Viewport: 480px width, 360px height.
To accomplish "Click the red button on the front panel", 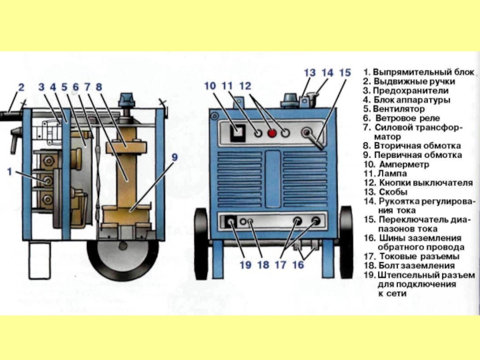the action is pos(272,133).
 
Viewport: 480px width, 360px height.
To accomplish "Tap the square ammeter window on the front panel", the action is pos(238,133).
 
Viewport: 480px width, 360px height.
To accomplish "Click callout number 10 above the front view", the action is pos(210,86).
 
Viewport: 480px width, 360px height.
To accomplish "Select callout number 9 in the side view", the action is pos(174,157).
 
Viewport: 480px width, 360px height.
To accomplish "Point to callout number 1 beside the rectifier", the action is pos(10,172).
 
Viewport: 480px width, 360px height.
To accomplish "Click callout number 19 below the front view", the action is pos(245,265).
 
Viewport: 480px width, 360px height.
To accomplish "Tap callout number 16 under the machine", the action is pos(298,265).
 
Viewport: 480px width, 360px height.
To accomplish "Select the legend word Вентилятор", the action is pos(398,109).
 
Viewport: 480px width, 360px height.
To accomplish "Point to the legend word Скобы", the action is pos(394,192).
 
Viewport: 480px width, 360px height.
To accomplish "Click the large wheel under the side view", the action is pos(123,256).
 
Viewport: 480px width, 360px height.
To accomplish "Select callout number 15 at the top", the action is pos(345,73).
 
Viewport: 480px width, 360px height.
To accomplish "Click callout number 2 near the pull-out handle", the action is pos(21,87).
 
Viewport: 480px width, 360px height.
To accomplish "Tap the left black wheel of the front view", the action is pos(202,244).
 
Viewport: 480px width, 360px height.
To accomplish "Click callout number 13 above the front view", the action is pos(310,73).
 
